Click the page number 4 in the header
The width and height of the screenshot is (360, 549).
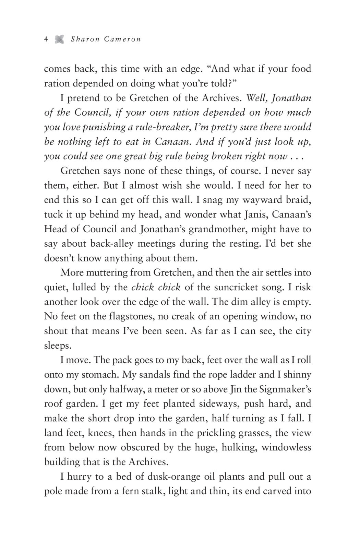click(x=46, y=39)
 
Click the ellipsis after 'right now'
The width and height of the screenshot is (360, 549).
click(x=298, y=156)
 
